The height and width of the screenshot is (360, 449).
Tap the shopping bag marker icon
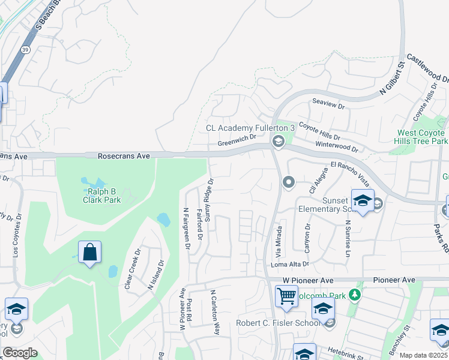click(x=89, y=253)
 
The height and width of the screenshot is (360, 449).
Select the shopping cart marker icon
click(x=286, y=296)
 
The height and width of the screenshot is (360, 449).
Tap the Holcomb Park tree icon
click(x=355, y=295)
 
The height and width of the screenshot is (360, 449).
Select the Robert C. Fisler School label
click(x=278, y=323)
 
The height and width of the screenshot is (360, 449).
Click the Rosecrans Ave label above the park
click(x=124, y=155)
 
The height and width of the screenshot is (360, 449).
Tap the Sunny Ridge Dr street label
click(x=209, y=202)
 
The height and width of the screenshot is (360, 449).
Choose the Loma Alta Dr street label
click(x=290, y=263)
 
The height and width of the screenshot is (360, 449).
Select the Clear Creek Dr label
click(x=132, y=269)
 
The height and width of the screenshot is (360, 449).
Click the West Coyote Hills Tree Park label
click(x=422, y=137)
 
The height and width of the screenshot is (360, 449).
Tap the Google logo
click(x=20, y=353)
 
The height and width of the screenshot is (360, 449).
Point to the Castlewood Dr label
click(x=428, y=67)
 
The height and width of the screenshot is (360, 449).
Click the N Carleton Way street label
click(x=214, y=312)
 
